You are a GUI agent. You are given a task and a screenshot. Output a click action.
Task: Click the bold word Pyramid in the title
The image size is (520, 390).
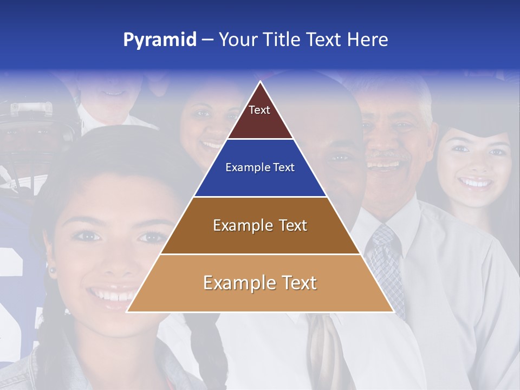pos(160,40)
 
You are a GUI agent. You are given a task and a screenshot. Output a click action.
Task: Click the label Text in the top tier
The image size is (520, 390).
pos(259,110)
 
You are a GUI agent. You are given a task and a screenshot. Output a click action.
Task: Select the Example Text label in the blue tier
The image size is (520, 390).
pos(260,167)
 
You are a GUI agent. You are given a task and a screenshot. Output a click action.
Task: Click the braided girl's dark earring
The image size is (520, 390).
pos(53,270)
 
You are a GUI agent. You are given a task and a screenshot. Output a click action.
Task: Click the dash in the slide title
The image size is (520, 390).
pos(207,40)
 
